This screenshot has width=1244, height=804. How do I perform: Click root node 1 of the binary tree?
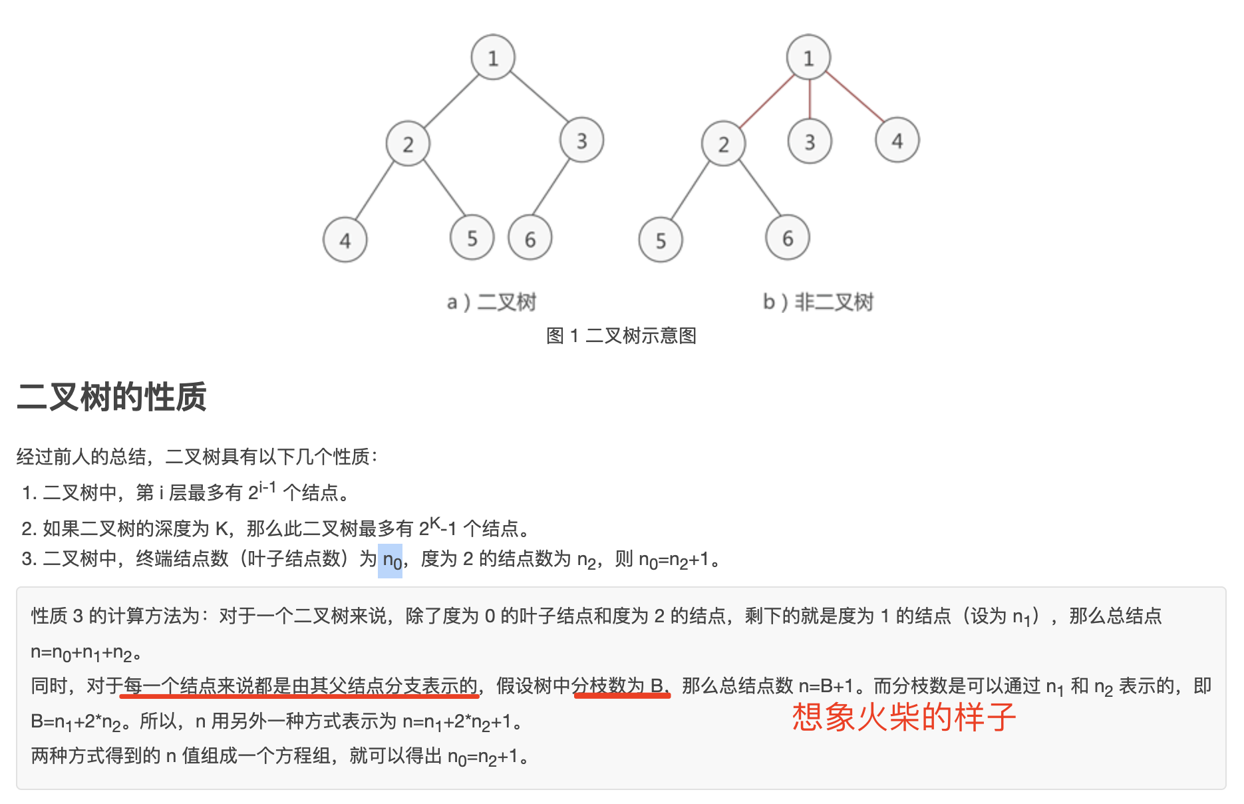[x=493, y=58]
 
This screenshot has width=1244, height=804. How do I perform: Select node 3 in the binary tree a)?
[x=581, y=140]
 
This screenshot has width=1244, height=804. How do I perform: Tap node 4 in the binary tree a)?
[x=345, y=240]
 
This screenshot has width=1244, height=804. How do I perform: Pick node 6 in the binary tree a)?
[x=530, y=238]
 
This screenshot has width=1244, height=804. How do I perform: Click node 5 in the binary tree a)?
[x=472, y=238]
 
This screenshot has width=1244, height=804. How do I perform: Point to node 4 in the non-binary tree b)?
[x=897, y=140]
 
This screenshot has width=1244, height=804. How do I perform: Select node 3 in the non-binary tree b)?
[x=810, y=141]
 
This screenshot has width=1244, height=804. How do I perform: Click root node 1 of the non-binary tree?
[x=809, y=57]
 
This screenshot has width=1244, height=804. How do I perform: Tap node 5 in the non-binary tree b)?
[x=661, y=240]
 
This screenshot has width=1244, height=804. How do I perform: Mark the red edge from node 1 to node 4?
[x=855, y=97]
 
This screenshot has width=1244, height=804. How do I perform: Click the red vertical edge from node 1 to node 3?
[x=810, y=99]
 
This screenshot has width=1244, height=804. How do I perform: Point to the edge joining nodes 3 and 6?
[x=551, y=187]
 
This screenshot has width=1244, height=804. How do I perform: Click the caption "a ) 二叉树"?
[x=491, y=302]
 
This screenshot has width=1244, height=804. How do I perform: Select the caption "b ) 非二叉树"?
[x=818, y=302]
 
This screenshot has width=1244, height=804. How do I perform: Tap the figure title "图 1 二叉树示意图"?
[x=621, y=335]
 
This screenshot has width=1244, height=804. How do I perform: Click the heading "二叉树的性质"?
[x=112, y=397]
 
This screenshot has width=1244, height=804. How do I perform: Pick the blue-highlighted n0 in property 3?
[x=390, y=560]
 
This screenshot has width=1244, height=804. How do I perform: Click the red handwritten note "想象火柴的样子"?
[x=904, y=717]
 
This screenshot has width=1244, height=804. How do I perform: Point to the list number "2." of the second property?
[x=29, y=528]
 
